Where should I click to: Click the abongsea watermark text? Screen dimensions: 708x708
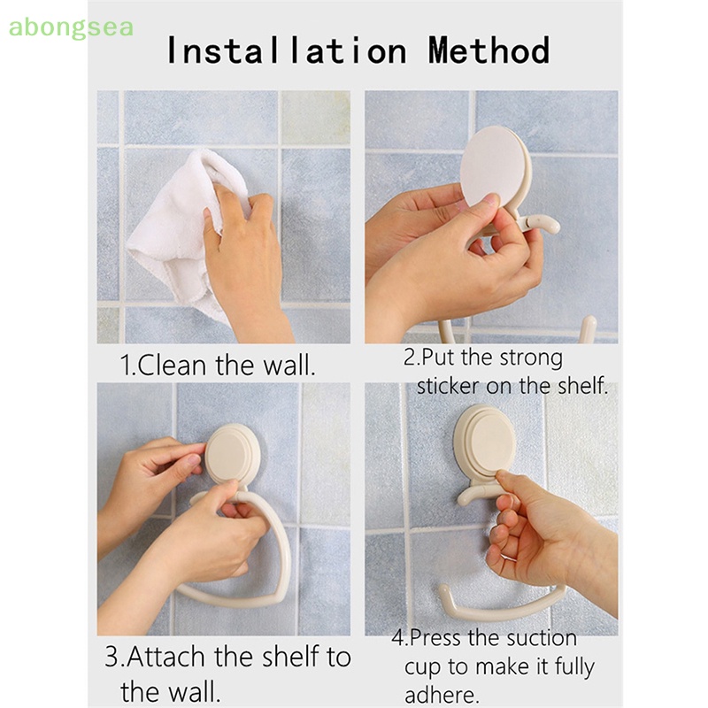click(71, 28)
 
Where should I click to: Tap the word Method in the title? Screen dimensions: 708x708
click(489, 50)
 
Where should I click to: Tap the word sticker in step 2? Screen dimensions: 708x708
click(447, 386)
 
